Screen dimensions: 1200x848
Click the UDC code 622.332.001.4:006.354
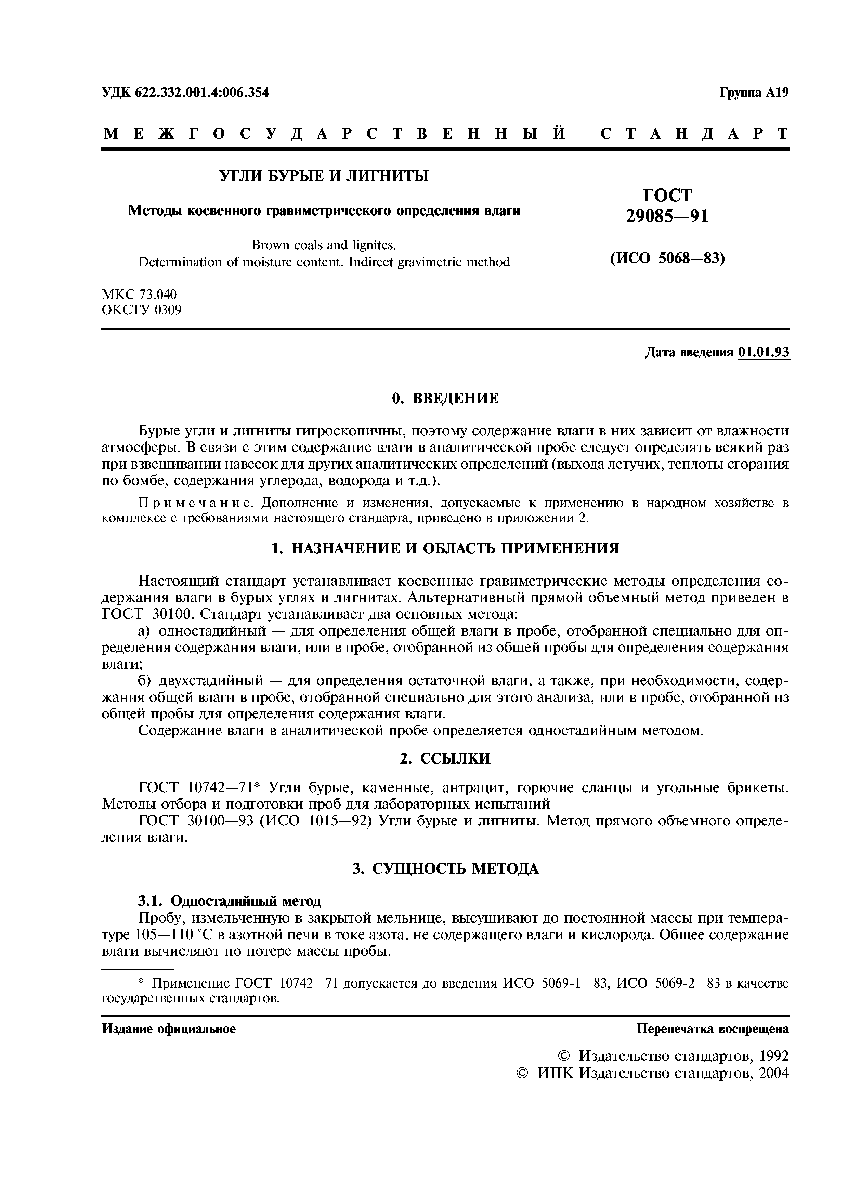point(202,93)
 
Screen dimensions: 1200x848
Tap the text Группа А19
point(754,93)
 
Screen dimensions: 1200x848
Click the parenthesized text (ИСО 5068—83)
point(667,258)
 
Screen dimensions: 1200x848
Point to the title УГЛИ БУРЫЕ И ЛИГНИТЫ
point(323,176)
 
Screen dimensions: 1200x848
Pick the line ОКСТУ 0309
point(142,310)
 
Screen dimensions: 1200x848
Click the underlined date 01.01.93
point(764,352)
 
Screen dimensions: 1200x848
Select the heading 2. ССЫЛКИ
point(445,758)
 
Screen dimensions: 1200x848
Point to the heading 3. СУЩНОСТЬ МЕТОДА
point(445,868)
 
